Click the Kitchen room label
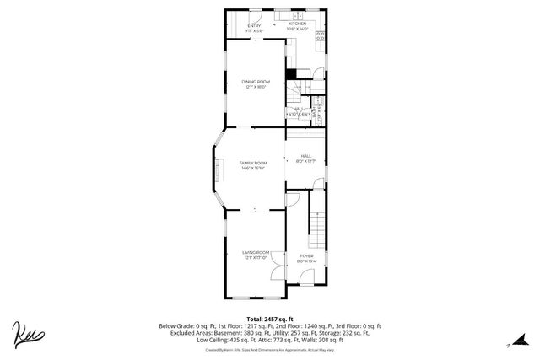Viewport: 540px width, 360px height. (x=298, y=26)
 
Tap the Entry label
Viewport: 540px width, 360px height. (x=255, y=26)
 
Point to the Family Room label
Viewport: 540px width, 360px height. (x=253, y=164)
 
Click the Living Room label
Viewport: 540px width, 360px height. (x=256, y=255)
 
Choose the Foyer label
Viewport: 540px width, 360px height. (x=306, y=257)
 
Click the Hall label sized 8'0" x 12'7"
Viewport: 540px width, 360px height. (x=306, y=158)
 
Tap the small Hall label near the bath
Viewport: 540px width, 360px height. (x=298, y=110)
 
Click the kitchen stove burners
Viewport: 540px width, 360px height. (x=321, y=35)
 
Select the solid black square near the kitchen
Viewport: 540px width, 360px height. (x=291, y=73)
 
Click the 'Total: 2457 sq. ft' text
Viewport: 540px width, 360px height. (x=270, y=318)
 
